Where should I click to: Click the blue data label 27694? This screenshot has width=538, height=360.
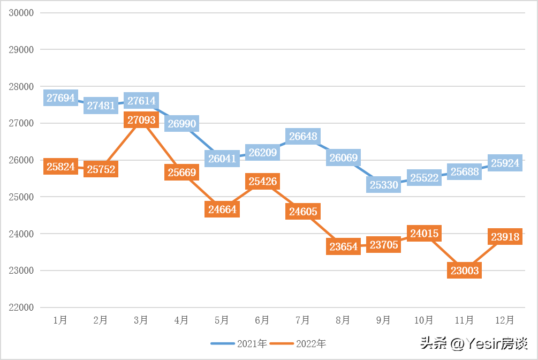(60, 98)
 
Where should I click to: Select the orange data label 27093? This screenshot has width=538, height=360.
(141, 120)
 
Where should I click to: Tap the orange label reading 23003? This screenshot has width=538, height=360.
(464, 271)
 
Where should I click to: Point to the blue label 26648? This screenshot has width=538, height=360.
(303, 137)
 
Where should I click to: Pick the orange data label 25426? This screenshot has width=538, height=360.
(262, 182)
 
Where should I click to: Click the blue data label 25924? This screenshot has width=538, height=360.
(505, 163)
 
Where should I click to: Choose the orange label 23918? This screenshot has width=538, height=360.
(505, 236)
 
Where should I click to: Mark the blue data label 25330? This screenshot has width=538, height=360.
(383, 184)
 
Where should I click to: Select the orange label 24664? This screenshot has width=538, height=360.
(222, 209)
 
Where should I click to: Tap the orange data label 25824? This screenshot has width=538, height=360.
(60, 167)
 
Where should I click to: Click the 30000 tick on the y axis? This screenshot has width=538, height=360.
(21, 13)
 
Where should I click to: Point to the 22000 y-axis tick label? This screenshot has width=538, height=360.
(21, 307)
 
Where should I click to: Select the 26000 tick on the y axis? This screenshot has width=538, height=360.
(21, 160)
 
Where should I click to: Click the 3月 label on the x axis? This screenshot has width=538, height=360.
(141, 320)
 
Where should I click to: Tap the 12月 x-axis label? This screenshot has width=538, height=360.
(504, 320)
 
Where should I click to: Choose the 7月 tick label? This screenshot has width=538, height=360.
(302, 320)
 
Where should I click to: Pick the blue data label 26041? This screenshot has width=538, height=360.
(222, 159)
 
